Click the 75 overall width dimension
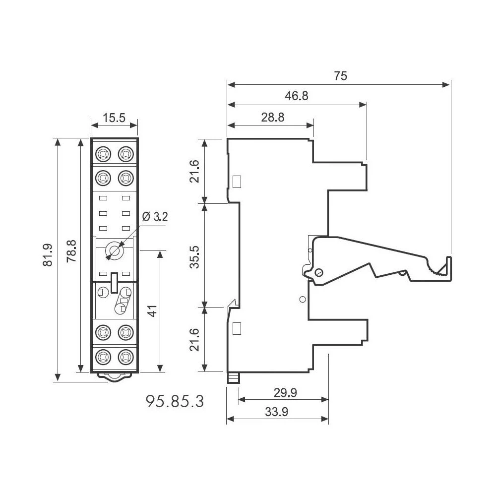pyautogui.click(x=340, y=76)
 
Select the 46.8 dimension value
pyautogui.click(x=297, y=96)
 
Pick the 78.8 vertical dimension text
pyautogui.click(x=71, y=251)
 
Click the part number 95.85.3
pyautogui.click(x=175, y=400)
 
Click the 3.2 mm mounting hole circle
pyautogui.click(x=115, y=251)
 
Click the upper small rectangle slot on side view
pyautogui.click(x=237, y=181)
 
